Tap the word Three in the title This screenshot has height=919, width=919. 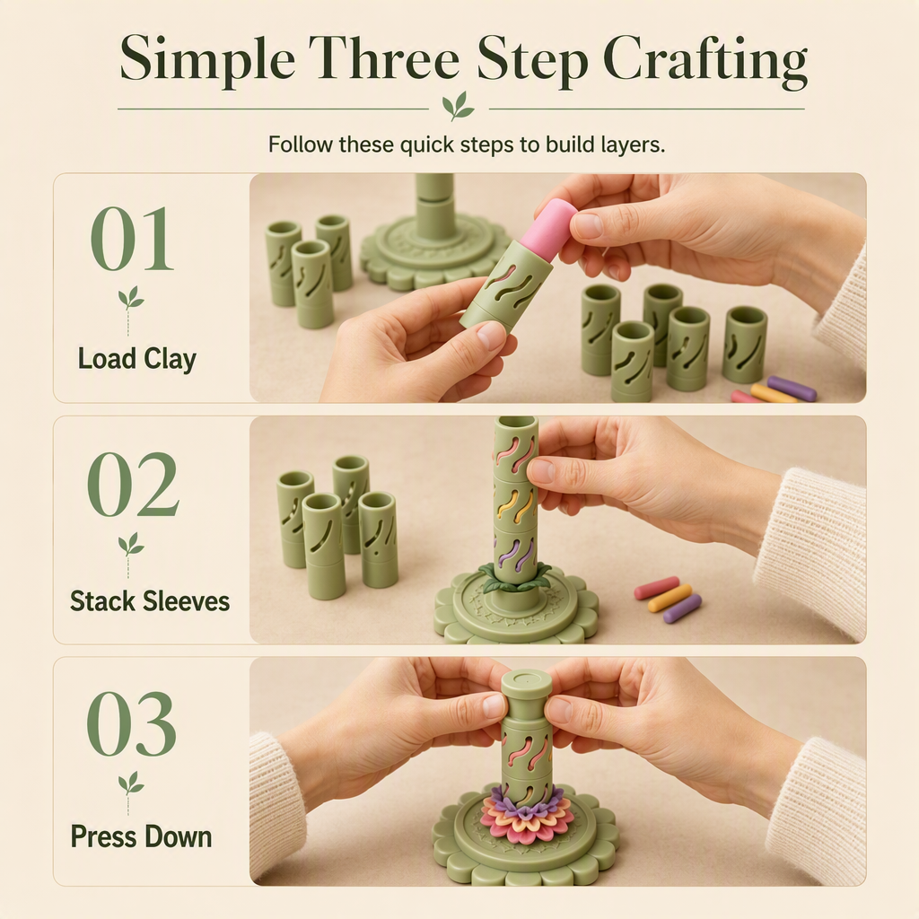click(x=388, y=57)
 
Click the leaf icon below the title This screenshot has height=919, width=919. click(x=459, y=106)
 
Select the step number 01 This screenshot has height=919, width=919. click(x=133, y=239)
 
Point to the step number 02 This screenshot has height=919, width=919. click(x=133, y=484)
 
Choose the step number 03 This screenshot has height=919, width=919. click(x=131, y=724)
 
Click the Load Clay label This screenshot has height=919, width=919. click(x=137, y=359)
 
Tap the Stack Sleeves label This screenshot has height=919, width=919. click(x=150, y=601)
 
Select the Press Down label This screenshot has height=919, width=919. click(x=141, y=836)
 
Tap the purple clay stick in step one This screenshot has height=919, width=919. click(x=792, y=389)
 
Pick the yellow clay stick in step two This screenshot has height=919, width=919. click(x=670, y=598)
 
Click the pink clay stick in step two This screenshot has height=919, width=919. click(x=657, y=588)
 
